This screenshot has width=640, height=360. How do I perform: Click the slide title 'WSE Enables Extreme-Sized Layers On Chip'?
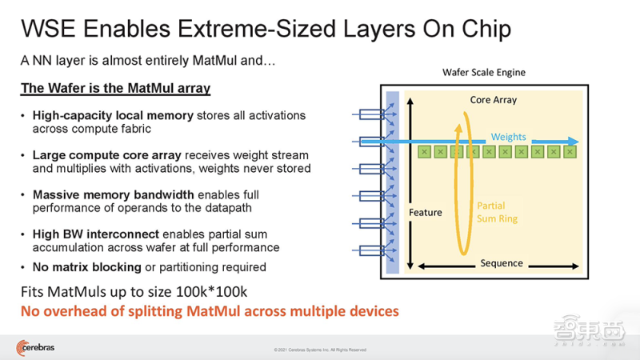click(x=266, y=29)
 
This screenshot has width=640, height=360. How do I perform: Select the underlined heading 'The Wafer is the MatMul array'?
click(x=115, y=88)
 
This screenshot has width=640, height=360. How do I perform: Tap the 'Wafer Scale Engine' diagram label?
click(x=484, y=72)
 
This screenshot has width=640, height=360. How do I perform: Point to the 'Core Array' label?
click(x=494, y=100)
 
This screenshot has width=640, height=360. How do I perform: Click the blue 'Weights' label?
click(x=508, y=137)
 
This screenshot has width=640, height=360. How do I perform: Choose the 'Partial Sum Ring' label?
click(x=497, y=212)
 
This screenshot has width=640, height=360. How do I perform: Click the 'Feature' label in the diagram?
click(x=426, y=212)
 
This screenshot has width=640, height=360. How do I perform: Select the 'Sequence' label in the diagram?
click(x=502, y=263)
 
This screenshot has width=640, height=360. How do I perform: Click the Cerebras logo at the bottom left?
click(x=35, y=348)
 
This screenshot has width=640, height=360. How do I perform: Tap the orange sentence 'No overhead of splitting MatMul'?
click(x=210, y=311)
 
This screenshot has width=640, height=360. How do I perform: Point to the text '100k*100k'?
click(x=211, y=292)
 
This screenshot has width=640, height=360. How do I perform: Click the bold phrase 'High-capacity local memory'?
click(x=113, y=115)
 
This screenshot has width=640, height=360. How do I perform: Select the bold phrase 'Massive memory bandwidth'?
click(x=114, y=194)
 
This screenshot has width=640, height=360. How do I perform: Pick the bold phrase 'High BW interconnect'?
click(x=96, y=234)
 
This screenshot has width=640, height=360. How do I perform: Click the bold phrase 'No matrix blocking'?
click(x=87, y=267)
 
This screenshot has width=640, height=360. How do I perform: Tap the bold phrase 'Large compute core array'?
click(x=107, y=155)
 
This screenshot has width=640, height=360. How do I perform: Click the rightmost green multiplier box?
click(x=570, y=152)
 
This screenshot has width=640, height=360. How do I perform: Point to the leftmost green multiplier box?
click(x=425, y=152)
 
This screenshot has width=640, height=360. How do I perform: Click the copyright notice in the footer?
click(x=320, y=350)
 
